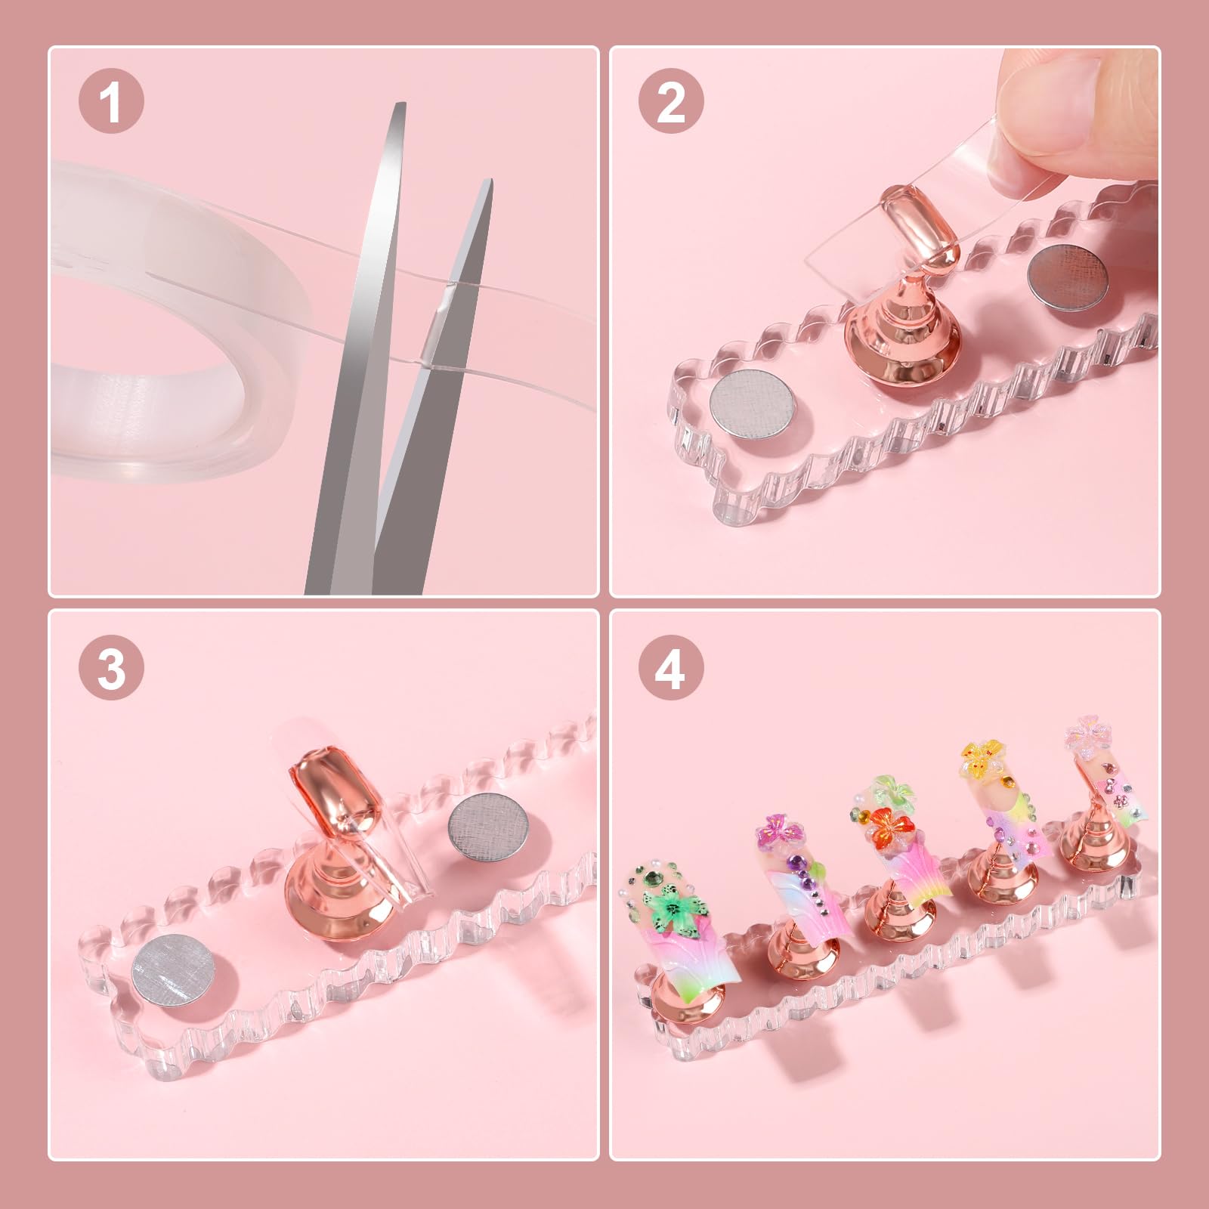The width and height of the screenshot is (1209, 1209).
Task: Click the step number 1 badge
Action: tap(111, 104)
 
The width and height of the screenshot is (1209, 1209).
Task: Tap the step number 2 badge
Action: tap(671, 104)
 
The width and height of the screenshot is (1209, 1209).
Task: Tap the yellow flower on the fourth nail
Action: tap(980, 753)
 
